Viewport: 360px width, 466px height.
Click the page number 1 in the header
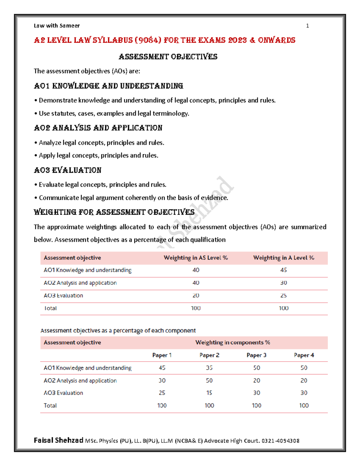click(307, 26)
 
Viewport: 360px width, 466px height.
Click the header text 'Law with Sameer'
click(57, 26)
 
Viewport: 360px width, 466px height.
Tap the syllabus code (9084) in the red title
click(148, 40)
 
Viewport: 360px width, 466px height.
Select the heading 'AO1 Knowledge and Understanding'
click(108, 86)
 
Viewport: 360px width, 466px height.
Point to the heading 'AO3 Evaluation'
click(67, 170)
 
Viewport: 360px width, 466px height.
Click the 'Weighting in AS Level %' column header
click(196, 258)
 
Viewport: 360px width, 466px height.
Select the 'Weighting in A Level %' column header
click(283, 258)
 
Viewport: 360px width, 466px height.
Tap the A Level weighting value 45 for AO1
click(283, 270)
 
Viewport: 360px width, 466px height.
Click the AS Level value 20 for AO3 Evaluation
click(196, 296)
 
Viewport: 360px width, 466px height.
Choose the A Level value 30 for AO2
click(283, 283)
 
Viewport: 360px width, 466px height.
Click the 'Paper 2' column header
click(209, 355)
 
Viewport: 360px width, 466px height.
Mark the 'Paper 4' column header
click(304, 355)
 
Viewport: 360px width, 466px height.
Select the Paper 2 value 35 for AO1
click(209, 368)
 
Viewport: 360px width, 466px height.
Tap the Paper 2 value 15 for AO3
click(209, 393)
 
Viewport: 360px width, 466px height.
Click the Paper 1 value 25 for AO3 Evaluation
click(162, 393)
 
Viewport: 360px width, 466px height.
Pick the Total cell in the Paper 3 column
click(256, 406)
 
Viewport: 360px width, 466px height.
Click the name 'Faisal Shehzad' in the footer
click(58, 440)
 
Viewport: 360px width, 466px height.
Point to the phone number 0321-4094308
click(280, 441)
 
